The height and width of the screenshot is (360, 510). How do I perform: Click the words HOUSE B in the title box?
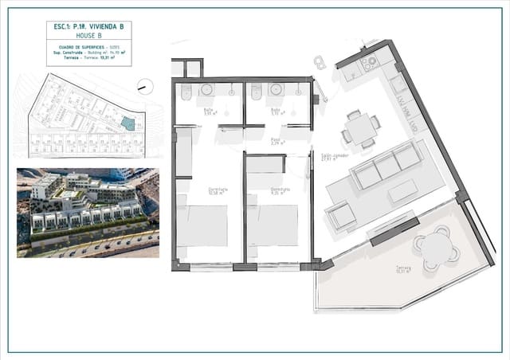tap(89, 36)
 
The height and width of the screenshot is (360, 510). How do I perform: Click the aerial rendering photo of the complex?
tap(88, 212)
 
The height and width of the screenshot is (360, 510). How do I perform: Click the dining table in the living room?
tap(360, 127)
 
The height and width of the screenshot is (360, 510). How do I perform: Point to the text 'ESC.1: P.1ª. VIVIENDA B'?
tap(89, 26)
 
